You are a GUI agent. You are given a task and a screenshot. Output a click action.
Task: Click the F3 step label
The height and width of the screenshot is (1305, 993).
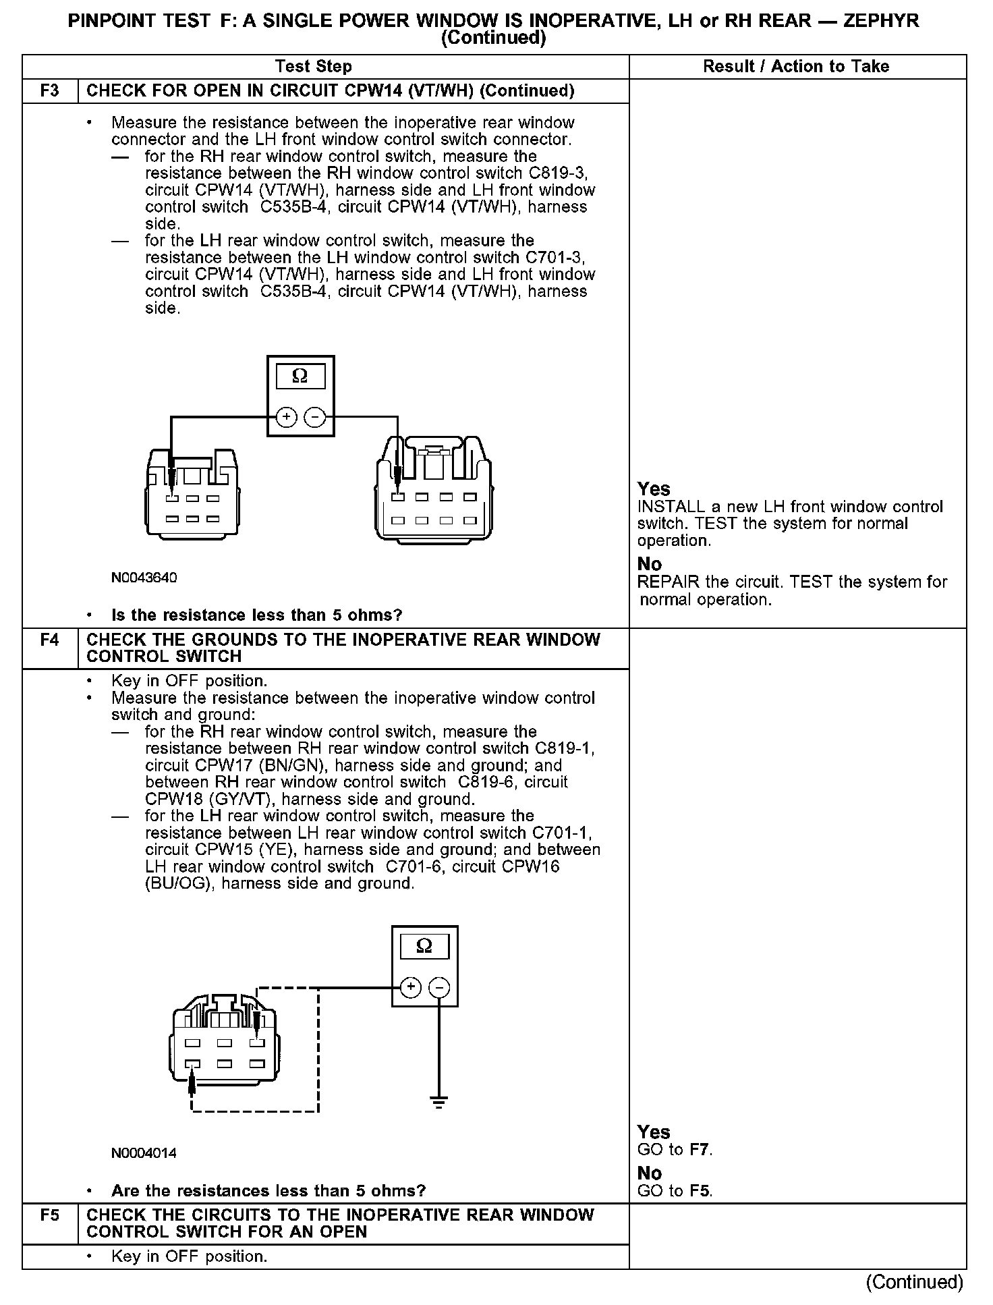(x=50, y=91)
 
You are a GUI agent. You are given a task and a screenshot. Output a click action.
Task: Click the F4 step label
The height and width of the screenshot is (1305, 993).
(x=50, y=640)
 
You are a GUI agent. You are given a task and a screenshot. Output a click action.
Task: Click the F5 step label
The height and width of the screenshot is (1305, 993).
(x=50, y=1215)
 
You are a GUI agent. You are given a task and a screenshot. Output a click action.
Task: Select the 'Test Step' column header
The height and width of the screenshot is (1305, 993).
(x=314, y=66)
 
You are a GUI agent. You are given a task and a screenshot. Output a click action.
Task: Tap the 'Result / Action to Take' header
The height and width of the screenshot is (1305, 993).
(x=796, y=66)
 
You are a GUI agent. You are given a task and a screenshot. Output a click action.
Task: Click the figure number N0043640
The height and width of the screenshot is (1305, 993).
(x=144, y=578)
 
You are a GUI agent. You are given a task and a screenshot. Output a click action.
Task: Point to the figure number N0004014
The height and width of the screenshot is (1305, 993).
(x=144, y=1153)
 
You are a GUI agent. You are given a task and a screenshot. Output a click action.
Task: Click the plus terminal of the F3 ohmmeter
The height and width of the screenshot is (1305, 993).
(x=287, y=418)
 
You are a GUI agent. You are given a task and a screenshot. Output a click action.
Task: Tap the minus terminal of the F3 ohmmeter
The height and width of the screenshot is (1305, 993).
(x=314, y=418)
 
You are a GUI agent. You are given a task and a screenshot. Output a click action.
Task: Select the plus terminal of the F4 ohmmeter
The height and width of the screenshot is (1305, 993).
(x=410, y=988)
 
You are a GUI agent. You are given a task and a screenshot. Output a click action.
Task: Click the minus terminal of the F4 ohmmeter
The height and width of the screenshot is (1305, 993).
(x=439, y=988)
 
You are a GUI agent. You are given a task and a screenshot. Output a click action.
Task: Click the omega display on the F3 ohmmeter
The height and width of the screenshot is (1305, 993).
(x=300, y=377)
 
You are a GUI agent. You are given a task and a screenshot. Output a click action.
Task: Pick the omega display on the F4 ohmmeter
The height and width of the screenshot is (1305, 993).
(x=424, y=946)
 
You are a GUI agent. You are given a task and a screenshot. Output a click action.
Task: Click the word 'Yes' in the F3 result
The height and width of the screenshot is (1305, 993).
(x=654, y=489)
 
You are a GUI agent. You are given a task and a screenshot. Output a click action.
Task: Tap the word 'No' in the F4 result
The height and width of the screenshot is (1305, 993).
(x=650, y=1173)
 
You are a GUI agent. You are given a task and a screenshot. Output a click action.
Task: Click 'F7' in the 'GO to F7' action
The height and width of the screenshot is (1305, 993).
(x=700, y=1149)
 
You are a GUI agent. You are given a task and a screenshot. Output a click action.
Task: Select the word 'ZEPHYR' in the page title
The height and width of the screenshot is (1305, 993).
(x=881, y=21)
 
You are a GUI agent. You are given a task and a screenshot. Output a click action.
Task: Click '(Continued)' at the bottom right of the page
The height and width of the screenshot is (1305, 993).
(x=914, y=1281)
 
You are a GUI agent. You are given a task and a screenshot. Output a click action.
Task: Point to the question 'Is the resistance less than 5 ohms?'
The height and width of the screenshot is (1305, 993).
(x=256, y=615)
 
